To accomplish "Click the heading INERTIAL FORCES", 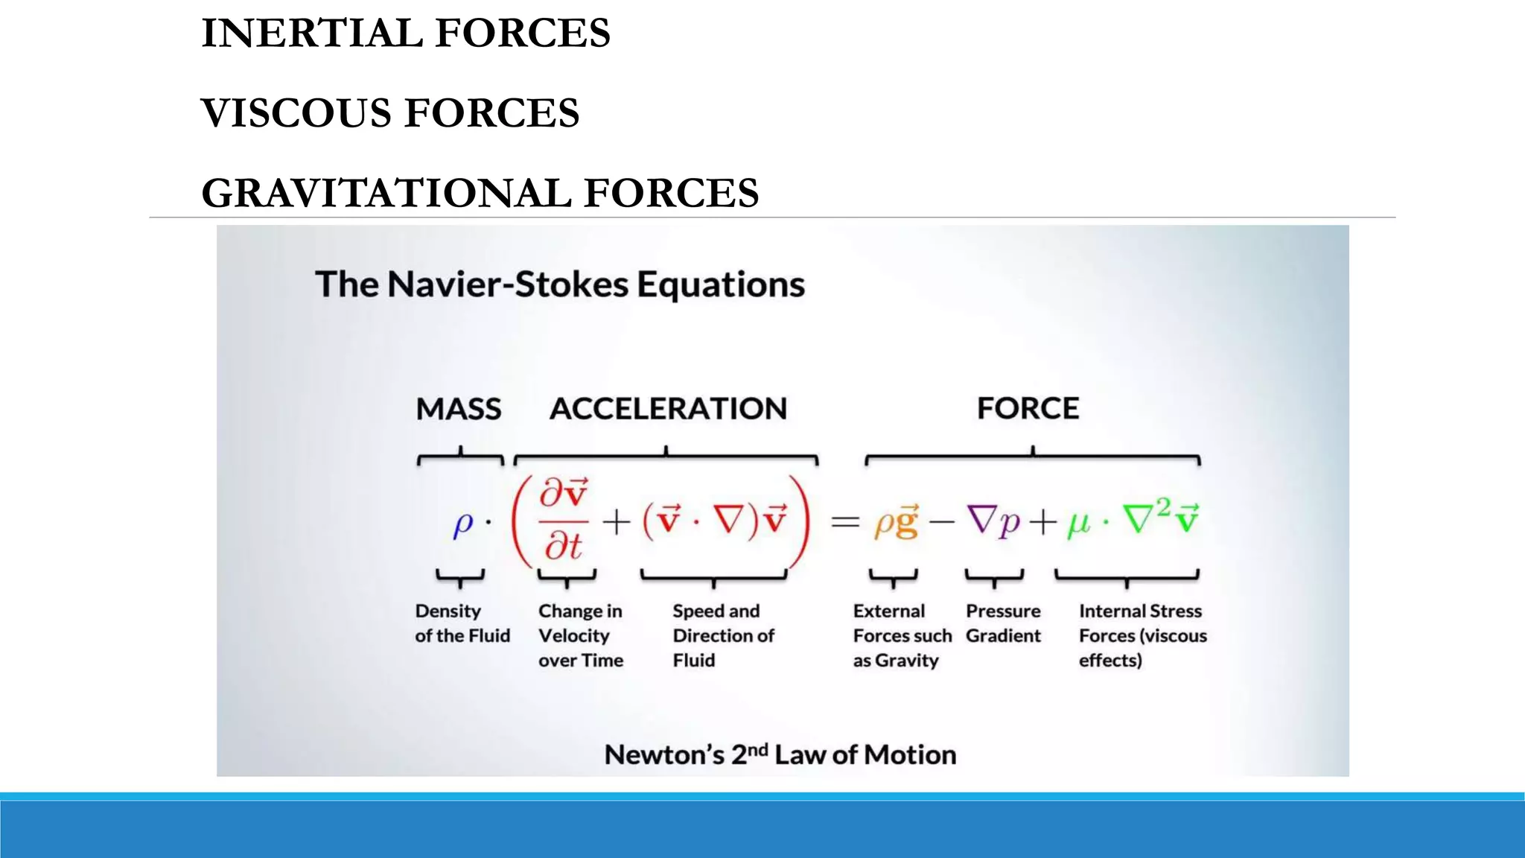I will pos(406,34).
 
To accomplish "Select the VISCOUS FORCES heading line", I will pos(390,113).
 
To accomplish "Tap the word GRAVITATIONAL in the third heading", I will pos(386,193).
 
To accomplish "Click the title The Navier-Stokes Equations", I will pos(560,285).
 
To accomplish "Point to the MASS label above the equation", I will pos(459,409).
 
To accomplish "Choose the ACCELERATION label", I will pos(668,409).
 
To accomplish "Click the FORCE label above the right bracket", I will pos(1028,408).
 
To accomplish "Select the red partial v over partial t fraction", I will pos(564,520).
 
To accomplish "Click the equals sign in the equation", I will pos(845,521).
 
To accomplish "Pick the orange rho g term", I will pos(897,521).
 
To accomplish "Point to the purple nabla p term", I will pos(993,521).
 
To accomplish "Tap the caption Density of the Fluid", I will pos(462,623).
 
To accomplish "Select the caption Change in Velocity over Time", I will pos(581,635).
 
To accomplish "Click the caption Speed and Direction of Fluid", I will pos(723,635).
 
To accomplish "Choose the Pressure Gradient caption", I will pos(1003,623).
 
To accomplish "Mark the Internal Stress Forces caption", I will pos(1142,635).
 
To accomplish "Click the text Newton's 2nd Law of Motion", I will pos(780,754).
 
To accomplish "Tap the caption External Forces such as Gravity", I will pos(902,635).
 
